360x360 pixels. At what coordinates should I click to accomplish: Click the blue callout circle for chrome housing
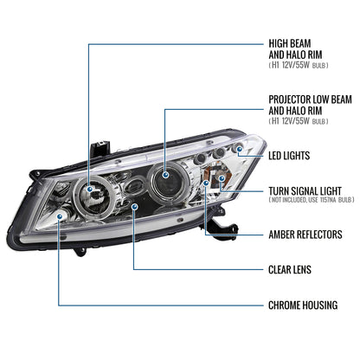[58, 217]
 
